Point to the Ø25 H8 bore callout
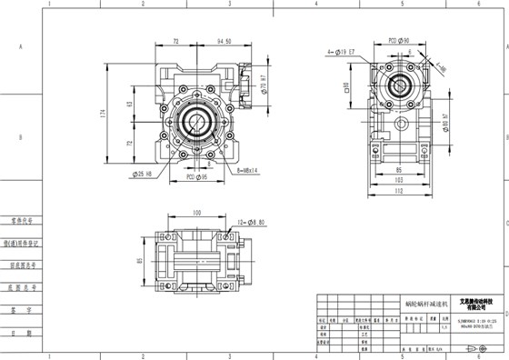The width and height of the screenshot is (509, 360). point(144,173)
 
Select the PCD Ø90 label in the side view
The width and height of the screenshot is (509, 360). point(398,41)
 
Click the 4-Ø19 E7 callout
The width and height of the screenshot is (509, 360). point(344,54)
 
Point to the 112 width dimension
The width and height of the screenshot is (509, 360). point(400,191)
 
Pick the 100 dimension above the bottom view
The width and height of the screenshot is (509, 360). point(195,213)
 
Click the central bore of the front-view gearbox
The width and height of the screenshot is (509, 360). point(195,120)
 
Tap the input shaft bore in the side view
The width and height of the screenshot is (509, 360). point(399,90)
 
